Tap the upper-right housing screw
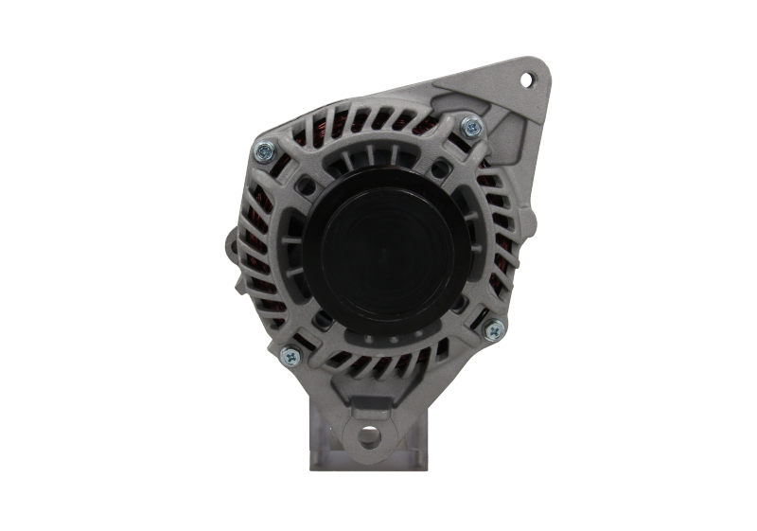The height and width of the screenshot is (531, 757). point(469,125)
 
